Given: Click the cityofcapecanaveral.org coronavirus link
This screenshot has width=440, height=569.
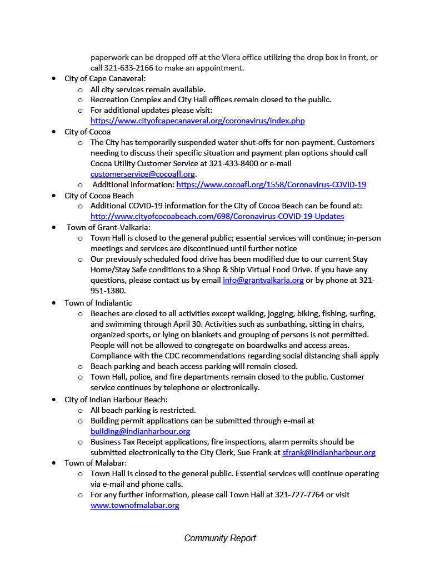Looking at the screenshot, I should click(x=197, y=121).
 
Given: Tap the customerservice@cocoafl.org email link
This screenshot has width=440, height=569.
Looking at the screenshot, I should click(x=143, y=174).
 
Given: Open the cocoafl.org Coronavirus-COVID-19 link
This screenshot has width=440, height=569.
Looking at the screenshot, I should click(x=271, y=184).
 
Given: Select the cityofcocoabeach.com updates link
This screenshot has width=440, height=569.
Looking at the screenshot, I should click(x=217, y=216).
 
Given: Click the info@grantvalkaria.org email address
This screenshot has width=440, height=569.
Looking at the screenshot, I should click(x=263, y=280).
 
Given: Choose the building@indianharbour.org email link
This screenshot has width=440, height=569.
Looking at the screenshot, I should click(x=140, y=431).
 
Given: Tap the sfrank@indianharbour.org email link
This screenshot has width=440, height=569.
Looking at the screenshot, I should click(x=328, y=452).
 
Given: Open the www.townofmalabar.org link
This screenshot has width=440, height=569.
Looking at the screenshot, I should click(x=134, y=505).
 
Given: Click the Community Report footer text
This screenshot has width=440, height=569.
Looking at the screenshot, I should click(x=220, y=538).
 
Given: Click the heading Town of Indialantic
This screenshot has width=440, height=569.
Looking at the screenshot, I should click(x=98, y=303).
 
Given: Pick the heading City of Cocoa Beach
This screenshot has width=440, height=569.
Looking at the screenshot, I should click(x=99, y=196).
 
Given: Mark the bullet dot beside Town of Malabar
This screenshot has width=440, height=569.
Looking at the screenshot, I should click(x=54, y=463).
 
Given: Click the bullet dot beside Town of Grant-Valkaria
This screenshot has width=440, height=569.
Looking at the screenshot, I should click(x=54, y=227).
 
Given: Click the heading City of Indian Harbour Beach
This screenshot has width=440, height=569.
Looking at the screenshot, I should click(x=116, y=400).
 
